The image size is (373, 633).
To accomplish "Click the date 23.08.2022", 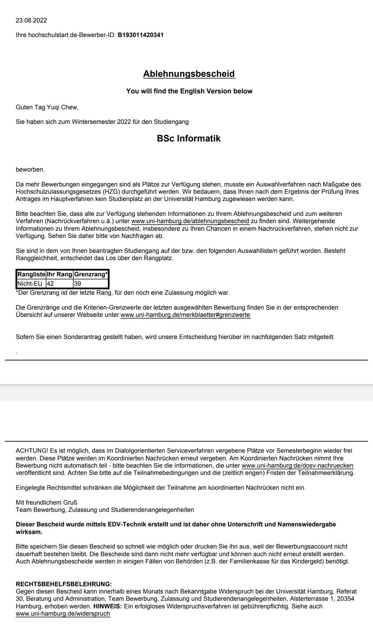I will [31, 20].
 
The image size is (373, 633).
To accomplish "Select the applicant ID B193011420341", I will [141, 35].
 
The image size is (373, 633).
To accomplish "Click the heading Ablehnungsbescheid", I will [189, 74].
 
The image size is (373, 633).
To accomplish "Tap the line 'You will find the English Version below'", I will [189, 91].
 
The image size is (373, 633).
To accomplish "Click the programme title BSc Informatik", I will [189, 138].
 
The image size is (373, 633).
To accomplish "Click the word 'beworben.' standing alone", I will [30, 169].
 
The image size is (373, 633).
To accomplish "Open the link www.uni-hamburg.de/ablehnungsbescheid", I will [190, 221].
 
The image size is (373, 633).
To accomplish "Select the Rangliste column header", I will [31, 274].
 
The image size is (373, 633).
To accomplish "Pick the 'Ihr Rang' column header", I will [59, 274].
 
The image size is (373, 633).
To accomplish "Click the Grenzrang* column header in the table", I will [91, 274].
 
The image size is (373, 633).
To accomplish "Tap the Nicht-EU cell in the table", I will [30, 284].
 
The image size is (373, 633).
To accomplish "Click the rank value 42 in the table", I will [50, 284].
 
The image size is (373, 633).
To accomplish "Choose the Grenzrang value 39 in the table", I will [78, 284].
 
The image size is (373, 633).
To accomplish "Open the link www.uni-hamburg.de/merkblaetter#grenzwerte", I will [185, 315].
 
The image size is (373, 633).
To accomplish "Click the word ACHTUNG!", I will [32, 451].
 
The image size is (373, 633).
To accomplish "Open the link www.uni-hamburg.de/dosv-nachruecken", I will [297, 466].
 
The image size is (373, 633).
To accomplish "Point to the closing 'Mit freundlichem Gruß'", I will [47, 502].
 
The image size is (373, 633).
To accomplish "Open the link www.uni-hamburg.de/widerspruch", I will [63, 614].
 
